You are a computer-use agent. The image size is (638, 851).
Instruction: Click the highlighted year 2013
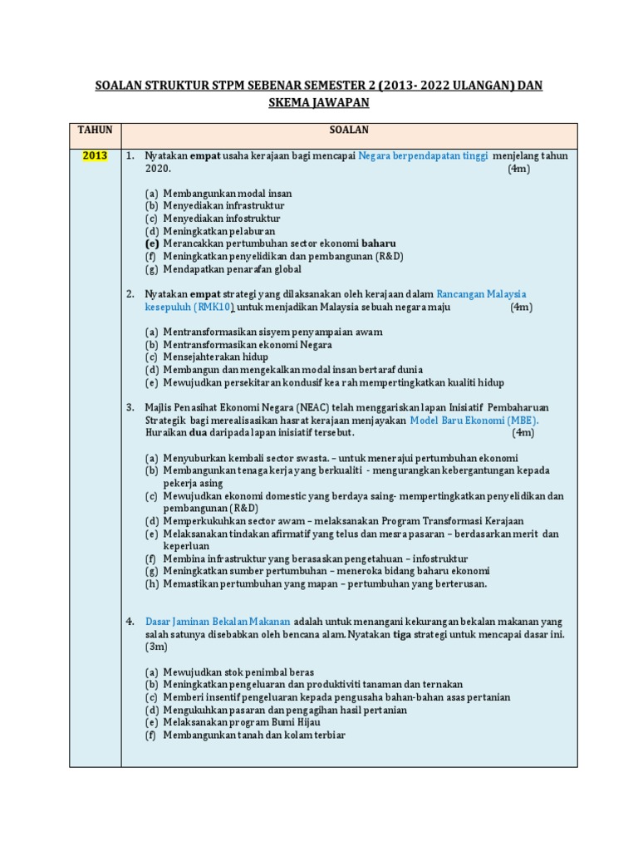pyautogui.click(x=95, y=156)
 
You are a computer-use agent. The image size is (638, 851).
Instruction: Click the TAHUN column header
pyautogui.click(x=95, y=130)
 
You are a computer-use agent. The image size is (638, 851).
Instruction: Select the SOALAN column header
pyautogui.click(x=349, y=130)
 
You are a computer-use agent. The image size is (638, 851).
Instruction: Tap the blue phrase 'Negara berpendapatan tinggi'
pyautogui.click(x=423, y=156)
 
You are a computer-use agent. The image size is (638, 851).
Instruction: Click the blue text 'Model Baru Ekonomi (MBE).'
pyautogui.click(x=474, y=421)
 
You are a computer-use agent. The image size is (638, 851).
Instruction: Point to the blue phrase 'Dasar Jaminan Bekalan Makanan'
pyautogui.click(x=218, y=621)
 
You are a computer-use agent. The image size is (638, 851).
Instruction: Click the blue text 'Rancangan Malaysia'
pyautogui.click(x=482, y=294)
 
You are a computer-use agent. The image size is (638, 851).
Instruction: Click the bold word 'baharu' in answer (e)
pyautogui.click(x=379, y=243)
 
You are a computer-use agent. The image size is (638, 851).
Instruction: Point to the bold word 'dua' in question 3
pyautogui.click(x=199, y=433)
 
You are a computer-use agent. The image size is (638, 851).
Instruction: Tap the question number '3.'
pyautogui.click(x=130, y=408)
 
